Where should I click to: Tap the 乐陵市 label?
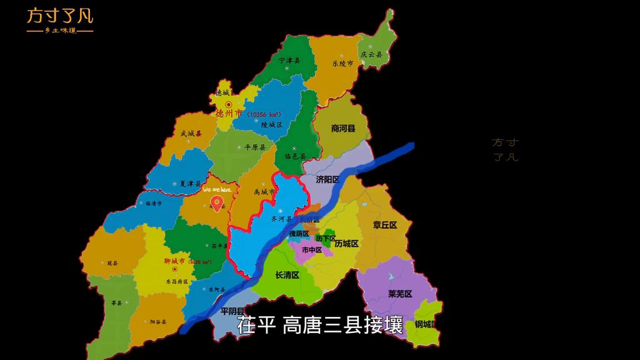pos(342,64)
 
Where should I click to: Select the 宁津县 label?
pos(289,61)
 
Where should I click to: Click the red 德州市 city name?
pos(229,114)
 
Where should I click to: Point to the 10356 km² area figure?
pos(262,115)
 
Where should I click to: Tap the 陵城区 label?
pos(272,125)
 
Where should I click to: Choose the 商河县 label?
pos(342,128)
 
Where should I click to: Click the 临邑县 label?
pos(295,156)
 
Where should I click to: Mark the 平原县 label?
pos(255,147)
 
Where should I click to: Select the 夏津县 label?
pos(191,184)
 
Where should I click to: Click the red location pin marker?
pos(217,203)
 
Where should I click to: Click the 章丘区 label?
pos(385,225)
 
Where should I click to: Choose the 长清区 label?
pos(287,275)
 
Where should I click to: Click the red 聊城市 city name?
pos(174,261)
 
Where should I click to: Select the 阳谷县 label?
pos(158,322)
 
